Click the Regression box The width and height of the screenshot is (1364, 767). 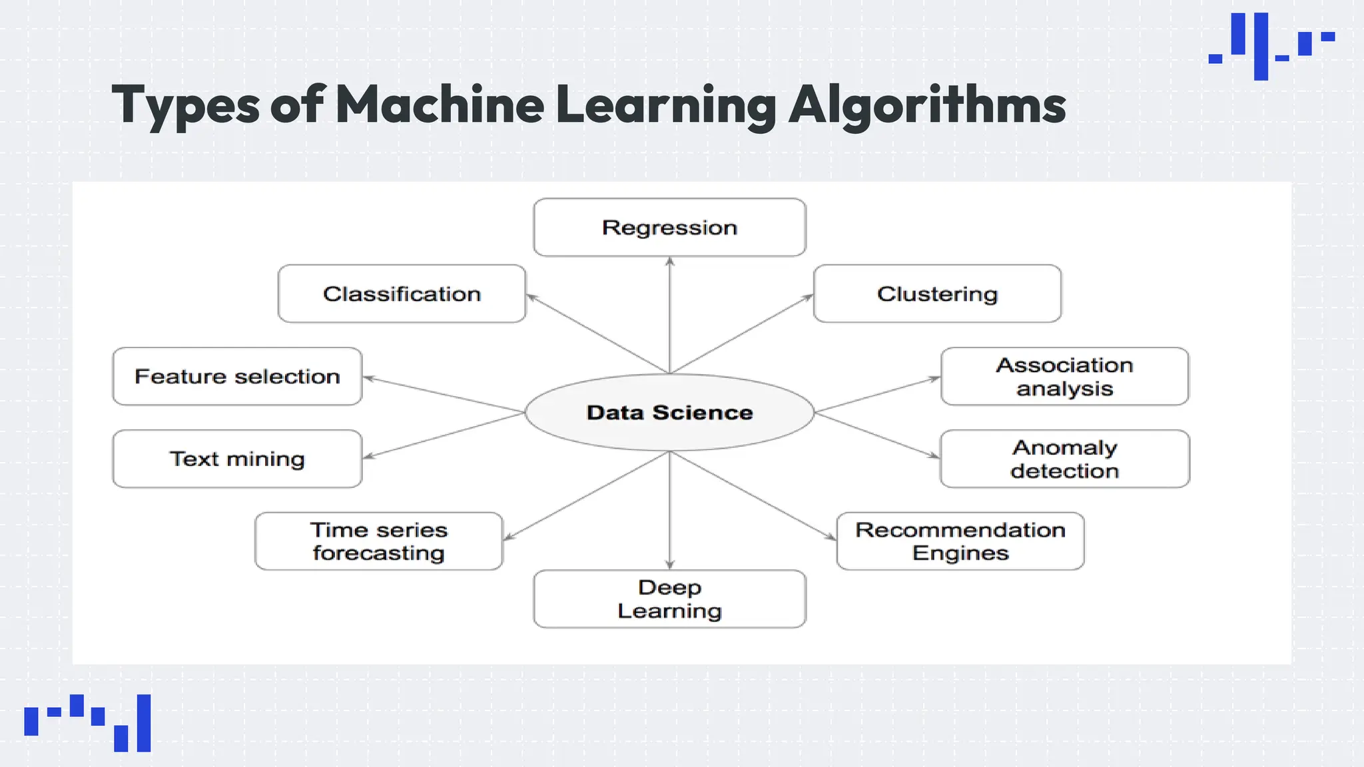[x=669, y=227]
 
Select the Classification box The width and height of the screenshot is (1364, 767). [x=402, y=294]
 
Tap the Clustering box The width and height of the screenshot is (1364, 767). [x=937, y=294]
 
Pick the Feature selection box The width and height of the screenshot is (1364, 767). [x=237, y=376]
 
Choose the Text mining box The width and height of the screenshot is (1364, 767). [x=237, y=459]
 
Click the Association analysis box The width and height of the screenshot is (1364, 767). [x=1064, y=376]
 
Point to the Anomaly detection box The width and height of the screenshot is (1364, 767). [x=1064, y=459]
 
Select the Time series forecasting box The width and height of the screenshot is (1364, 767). [x=378, y=541]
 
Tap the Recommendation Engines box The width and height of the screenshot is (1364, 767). [x=960, y=541]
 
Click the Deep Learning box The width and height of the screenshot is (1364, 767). [x=669, y=599]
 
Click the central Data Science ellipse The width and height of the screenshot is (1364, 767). [x=669, y=412]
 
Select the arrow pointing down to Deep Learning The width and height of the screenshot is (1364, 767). [x=670, y=510]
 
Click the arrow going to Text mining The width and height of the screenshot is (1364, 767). [x=444, y=435]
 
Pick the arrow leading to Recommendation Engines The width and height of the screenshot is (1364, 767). [x=753, y=495]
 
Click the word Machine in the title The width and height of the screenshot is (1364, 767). [x=440, y=105]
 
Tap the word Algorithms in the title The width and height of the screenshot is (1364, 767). [x=927, y=105]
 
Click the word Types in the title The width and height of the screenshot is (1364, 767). [x=186, y=105]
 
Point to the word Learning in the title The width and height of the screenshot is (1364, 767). [x=665, y=105]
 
